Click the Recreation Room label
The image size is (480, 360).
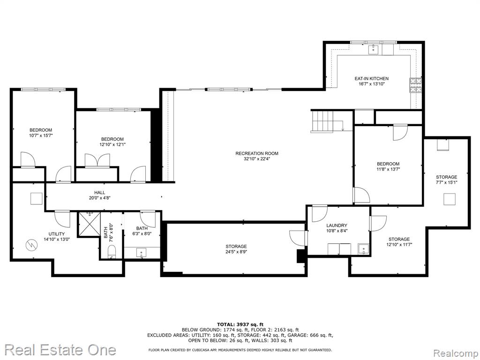(257, 153)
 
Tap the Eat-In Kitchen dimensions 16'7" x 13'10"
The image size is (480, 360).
(372, 84)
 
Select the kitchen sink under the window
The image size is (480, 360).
(374, 50)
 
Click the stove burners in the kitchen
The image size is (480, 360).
(415, 85)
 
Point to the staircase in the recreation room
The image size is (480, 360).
(322, 121)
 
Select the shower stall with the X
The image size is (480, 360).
(90, 224)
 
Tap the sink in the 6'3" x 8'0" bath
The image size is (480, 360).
(141, 253)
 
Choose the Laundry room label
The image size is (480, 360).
(337, 225)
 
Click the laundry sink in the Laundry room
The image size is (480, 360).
(364, 249)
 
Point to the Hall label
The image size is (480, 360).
(99, 193)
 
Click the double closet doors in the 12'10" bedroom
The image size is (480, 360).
(97, 160)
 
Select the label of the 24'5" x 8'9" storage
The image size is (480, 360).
(236, 247)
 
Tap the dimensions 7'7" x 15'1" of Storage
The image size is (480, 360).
(446, 182)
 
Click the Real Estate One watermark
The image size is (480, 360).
(60, 350)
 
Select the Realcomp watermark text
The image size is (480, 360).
(455, 353)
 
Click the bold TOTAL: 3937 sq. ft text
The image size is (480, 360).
(240, 324)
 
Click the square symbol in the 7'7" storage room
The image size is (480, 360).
(450, 199)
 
